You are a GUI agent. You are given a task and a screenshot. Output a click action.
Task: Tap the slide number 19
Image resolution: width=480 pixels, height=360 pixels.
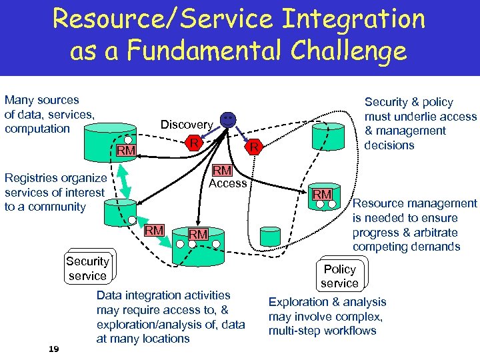tap(55, 349)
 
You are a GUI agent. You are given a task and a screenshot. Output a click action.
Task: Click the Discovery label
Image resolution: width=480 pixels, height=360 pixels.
tap(186, 125)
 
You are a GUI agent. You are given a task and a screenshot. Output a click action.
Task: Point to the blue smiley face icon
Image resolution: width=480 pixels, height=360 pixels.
tap(228, 121)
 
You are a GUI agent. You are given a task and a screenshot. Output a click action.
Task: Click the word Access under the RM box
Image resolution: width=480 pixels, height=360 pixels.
tap(228, 183)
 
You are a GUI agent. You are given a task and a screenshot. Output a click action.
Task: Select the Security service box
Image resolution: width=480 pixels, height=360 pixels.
tap(87, 268)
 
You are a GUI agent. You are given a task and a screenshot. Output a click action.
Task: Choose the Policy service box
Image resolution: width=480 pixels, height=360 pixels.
tap(339, 276)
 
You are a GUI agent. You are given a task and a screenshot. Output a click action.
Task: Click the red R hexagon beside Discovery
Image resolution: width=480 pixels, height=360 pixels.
tap(193, 143)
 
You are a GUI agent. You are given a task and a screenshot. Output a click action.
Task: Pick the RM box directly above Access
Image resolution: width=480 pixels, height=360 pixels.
tap(222, 171)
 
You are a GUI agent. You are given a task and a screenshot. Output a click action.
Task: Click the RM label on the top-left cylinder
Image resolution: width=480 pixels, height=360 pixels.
tap(125, 152)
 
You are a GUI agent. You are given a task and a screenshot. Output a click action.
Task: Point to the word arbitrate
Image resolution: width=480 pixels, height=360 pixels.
tap(435, 233)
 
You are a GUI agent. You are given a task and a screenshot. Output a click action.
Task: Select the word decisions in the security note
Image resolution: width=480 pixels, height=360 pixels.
tap(389, 145)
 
